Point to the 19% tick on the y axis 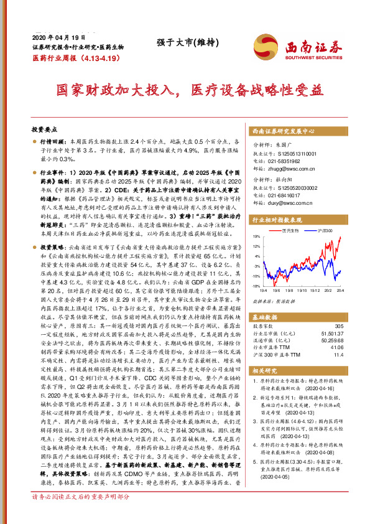pos(256,237)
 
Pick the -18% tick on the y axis pos(255,286)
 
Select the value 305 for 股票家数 pos(338,326)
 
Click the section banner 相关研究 pos(266,371)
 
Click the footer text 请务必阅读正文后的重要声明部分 pos(81,514)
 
